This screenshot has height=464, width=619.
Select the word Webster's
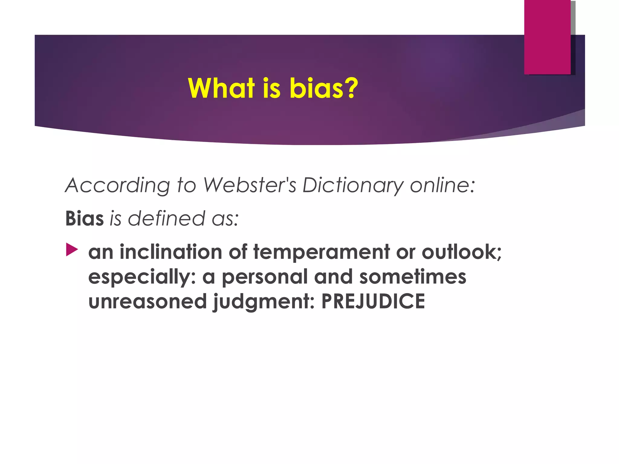[249, 185]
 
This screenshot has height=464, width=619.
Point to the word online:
[442, 185]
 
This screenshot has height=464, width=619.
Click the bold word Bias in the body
[84, 218]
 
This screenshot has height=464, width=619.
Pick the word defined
[166, 218]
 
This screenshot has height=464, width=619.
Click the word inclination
[171, 252]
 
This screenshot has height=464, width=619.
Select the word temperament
[321, 253]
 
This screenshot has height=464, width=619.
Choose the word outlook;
[462, 252]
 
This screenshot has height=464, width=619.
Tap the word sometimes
[413, 277]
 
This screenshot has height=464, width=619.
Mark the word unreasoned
[147, 301]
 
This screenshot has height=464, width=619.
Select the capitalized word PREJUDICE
[373, 301]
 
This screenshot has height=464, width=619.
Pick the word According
[118, 185]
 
